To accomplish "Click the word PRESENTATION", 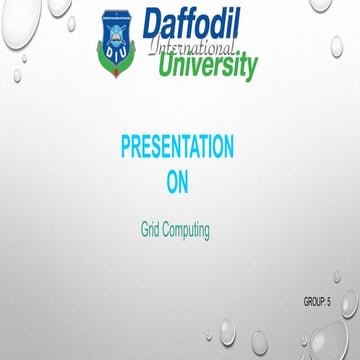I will click(x=177, y=148).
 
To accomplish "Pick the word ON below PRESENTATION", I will click(x=177, y=181).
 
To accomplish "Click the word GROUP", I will click(x=312, y=301).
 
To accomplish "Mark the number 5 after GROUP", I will click(x=328, y=301).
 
